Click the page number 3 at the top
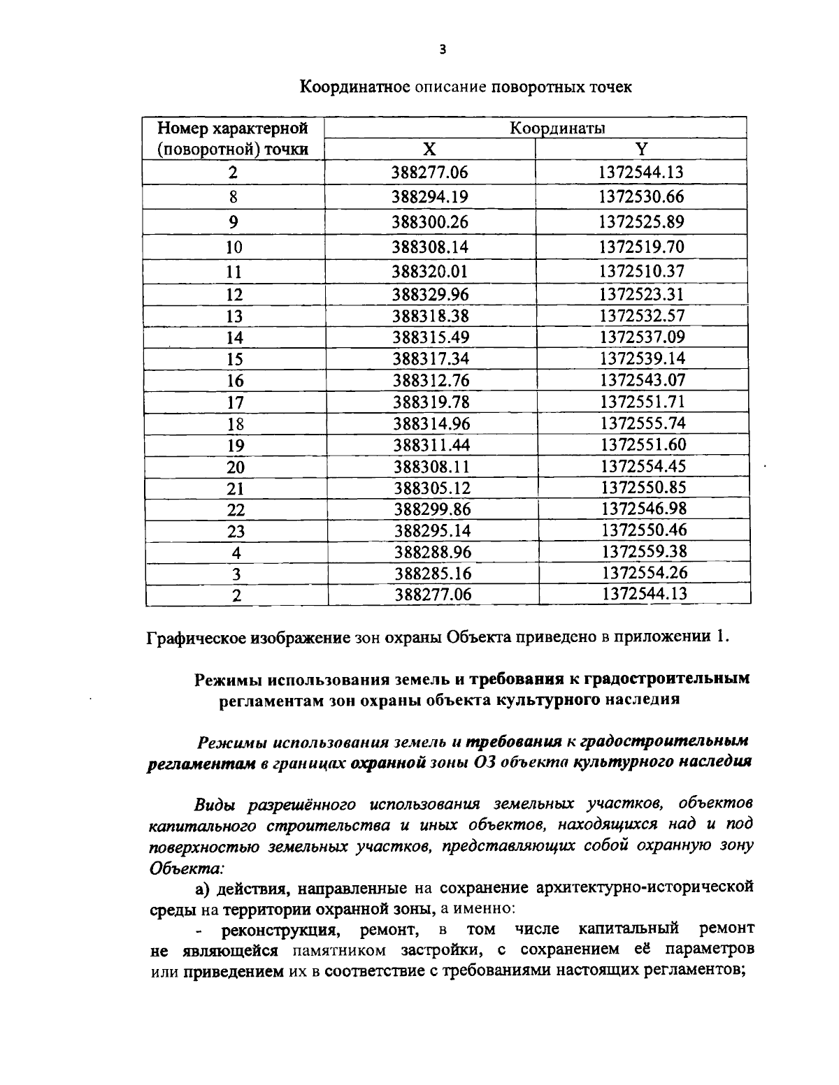441,50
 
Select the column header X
430,149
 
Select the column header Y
641,149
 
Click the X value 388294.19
430,197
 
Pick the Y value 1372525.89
641,221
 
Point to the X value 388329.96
430,294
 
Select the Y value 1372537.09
643,337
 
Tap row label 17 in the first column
235,402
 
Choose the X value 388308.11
431,466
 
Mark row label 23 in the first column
236,531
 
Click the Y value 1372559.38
644,551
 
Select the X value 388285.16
433,574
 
